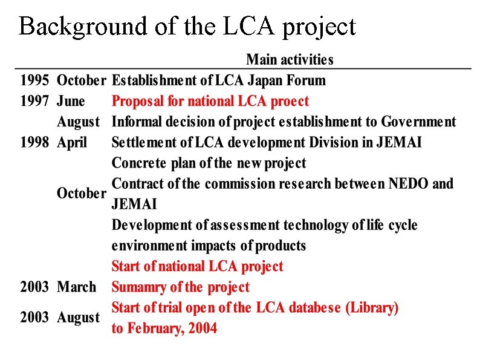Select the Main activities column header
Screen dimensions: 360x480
[x=290, y=60]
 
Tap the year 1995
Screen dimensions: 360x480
[x=34, y=80]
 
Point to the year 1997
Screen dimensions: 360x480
[x=34, y=101]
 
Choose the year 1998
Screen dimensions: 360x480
[x=34, y=143]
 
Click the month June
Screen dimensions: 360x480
[x=71, y=101]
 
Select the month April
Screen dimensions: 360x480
[x=72, y=143]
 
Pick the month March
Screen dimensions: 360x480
[x=76, y=287]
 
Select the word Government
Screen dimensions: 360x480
[x=418, y=122]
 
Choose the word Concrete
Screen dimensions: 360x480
[x=138, y=163]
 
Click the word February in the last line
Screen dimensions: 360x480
[x=157, y=329]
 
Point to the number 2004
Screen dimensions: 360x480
[x=203, y=329]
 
